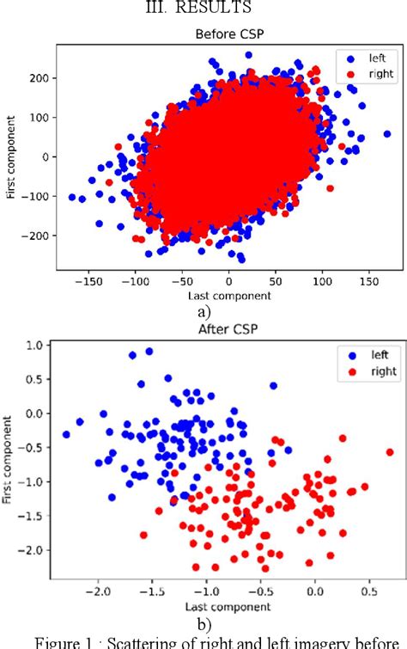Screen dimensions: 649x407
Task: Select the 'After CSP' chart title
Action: click(x=228, y=328)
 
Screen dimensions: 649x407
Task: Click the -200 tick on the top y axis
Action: click(x=35, y=235)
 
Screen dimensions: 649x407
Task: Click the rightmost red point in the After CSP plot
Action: click(x=390, y=451)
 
